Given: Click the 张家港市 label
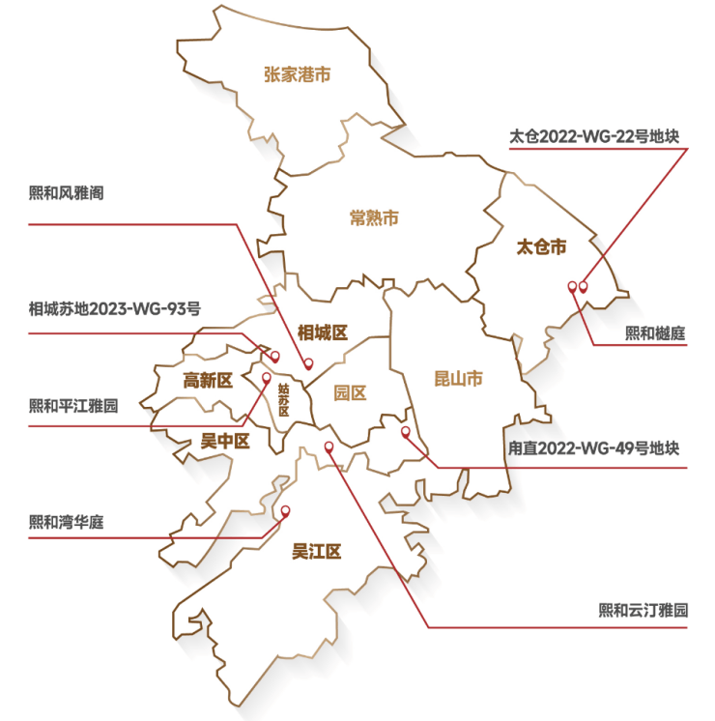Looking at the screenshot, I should click(298, 73).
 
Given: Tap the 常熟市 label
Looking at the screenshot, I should click(374, 218).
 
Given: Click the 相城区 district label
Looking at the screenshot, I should click(322, 333).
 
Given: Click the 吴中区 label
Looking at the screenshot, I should click(224, 442).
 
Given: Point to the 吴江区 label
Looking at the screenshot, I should click(318, 552).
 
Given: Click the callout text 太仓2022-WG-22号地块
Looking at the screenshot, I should click(595, 136).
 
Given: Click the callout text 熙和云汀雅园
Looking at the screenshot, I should click(643, 610).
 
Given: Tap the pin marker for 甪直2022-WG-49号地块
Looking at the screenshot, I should click(406, 432).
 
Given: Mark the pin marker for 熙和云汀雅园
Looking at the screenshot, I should click(329, 447).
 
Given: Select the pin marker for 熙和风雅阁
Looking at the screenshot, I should click(308, 364).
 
